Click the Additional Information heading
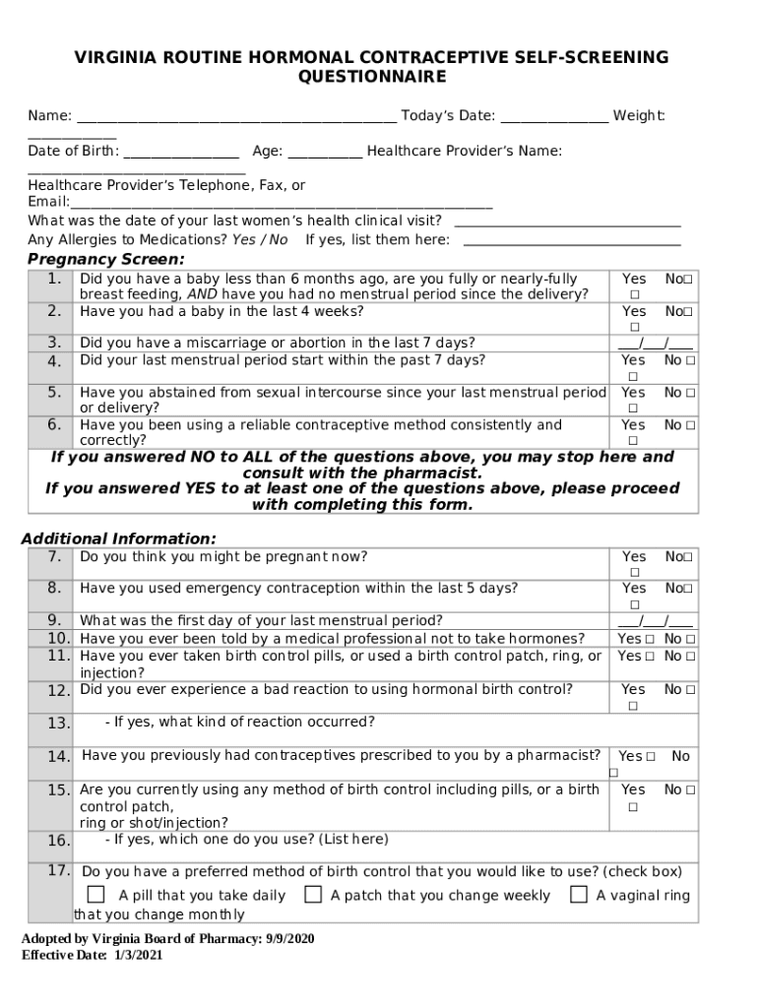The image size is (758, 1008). point(119,538)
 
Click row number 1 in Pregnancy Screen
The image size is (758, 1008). point(54,280)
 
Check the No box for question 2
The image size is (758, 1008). point(688,312)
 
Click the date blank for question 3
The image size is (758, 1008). point(655,344)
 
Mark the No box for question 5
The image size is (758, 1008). point(691,393)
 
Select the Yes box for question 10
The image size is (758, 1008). point(650,639)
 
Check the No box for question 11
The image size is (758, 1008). point(691,657)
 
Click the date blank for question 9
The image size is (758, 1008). point(655,621)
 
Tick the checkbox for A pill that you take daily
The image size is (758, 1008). point(95,895)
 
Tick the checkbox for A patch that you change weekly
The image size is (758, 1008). point(313,895)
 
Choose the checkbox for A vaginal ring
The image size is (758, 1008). point(579,895)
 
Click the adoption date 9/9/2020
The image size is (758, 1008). point(289,939)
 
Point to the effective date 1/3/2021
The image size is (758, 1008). point(138,955)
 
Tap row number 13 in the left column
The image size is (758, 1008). point(57,724)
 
